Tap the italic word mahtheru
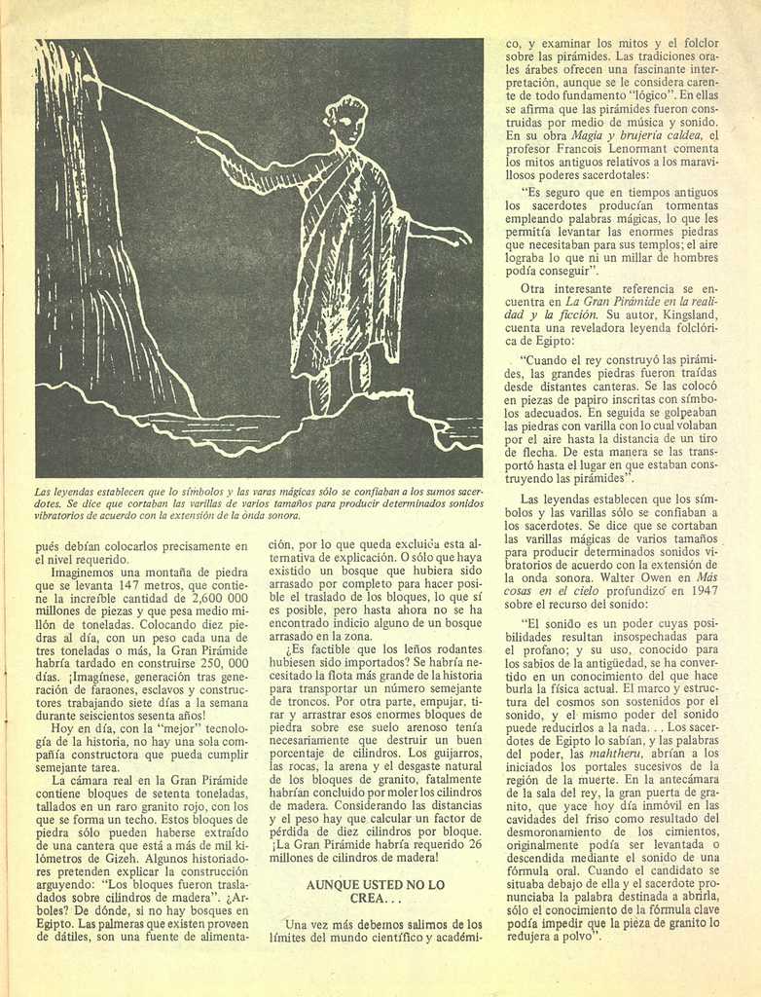[615, 753]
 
